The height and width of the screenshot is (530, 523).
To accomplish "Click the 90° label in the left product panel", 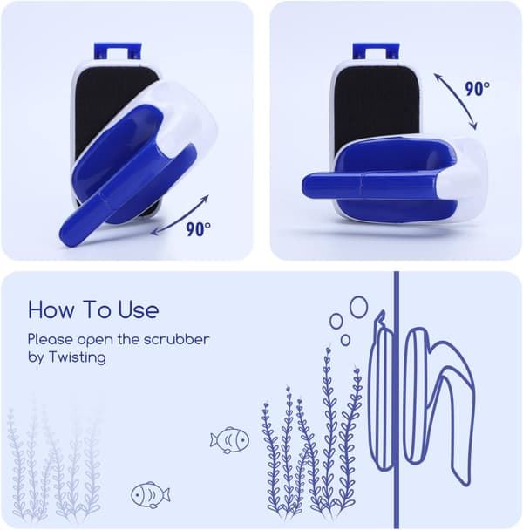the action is point(198,229).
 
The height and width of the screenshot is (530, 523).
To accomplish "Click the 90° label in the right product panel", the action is point(477,89).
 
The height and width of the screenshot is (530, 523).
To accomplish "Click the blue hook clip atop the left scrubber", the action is point(118,51).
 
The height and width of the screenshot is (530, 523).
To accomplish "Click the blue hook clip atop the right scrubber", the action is point(376,51).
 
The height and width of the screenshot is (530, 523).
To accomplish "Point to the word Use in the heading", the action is point(139,309).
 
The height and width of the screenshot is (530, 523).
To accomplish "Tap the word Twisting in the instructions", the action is point(78,357).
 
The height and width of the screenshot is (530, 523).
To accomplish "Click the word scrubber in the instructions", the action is point(176,339).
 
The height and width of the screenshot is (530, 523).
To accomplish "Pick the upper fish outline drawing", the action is point(229,439).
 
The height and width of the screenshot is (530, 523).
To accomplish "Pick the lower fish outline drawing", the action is point(151,495).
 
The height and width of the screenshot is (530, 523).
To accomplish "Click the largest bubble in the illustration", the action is point(358,307).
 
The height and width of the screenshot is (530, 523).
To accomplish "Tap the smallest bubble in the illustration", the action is point(345,340).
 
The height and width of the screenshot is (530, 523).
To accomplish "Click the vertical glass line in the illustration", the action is point(397,400).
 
